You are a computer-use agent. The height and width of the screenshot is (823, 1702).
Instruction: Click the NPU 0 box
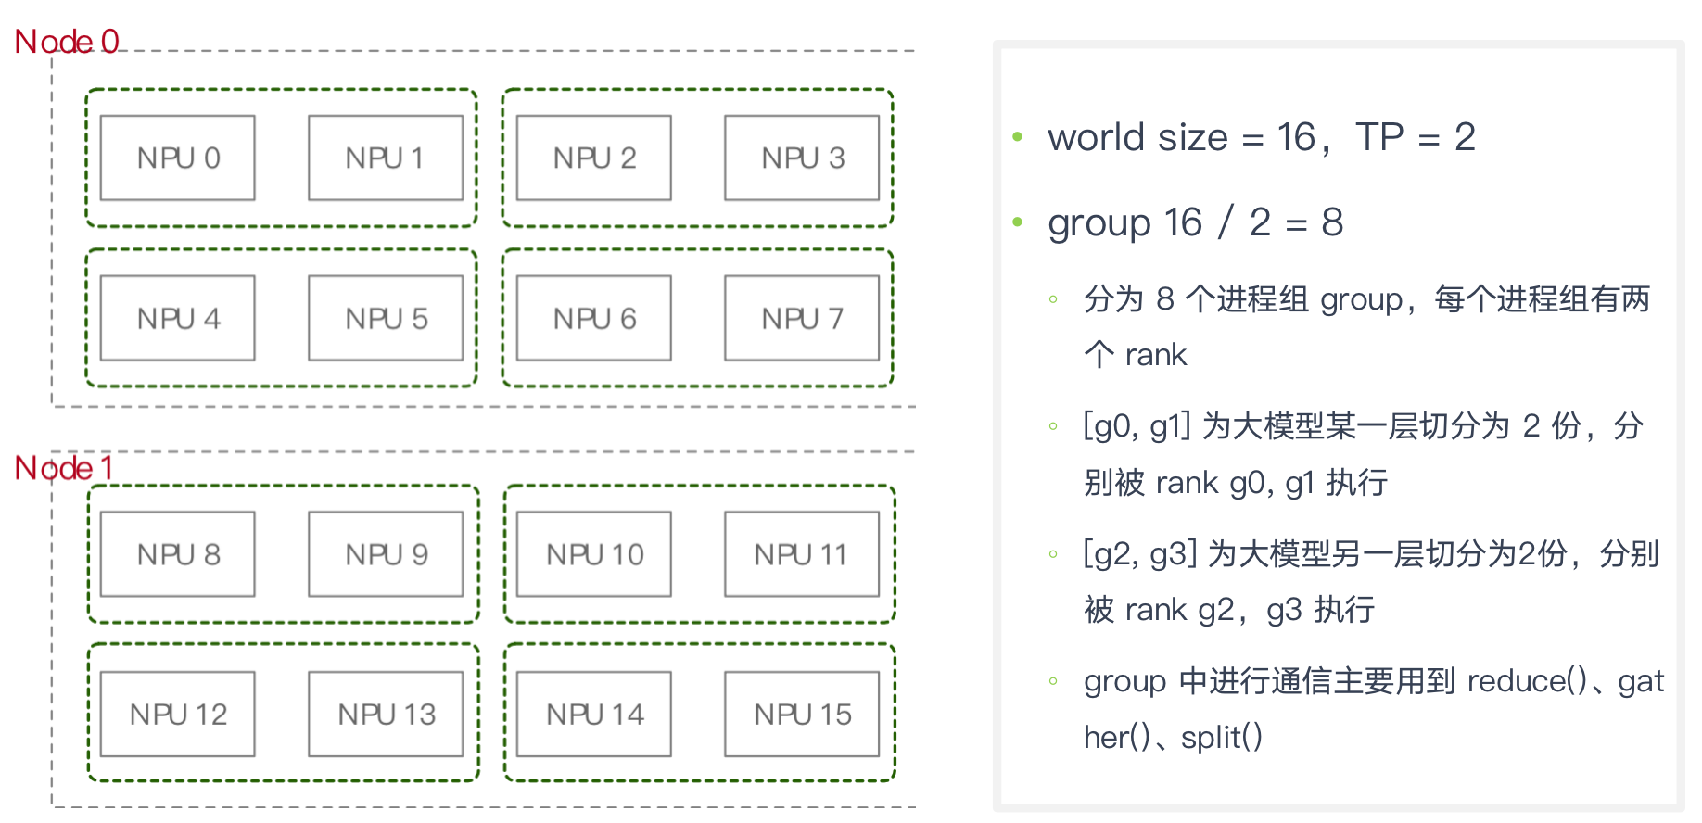coord(177,158)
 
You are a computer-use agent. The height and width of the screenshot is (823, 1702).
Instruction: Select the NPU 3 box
coord(802,158)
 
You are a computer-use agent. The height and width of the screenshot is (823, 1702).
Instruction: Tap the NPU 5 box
coord(386,318)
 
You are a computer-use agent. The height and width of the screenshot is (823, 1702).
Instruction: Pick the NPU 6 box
coord(593,318)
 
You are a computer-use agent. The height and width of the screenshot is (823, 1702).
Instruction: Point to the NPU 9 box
coord(386,554)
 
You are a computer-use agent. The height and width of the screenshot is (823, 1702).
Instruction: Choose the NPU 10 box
coord(593,554)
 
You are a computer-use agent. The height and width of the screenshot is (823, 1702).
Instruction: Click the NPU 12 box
coord(177,714)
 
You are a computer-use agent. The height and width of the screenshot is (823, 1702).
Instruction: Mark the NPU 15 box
coord(802,714)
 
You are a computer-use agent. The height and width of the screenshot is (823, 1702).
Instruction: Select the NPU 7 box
coord(802,318)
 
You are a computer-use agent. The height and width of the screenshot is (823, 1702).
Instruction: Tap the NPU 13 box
coord(386,714)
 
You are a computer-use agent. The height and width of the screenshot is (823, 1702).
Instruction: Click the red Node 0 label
coord(67,42)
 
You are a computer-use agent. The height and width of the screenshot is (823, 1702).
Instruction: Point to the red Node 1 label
coord(64,468)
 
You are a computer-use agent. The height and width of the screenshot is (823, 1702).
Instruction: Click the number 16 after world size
coord(1296,137)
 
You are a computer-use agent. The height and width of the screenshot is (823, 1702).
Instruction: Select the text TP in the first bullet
coord(1379,137)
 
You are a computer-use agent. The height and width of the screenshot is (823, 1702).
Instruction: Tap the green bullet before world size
coord(1018,137)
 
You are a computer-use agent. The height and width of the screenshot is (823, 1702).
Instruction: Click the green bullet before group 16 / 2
coord(1018,222)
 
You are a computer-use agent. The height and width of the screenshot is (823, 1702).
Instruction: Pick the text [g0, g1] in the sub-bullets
coord(1137,426)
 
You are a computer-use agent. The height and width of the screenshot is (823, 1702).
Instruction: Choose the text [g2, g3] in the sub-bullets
coord(1141,554)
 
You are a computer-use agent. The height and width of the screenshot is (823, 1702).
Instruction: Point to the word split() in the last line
coord(1222,738)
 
